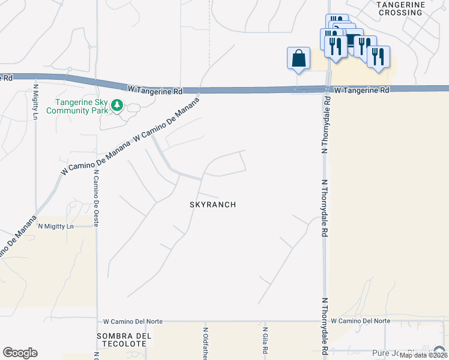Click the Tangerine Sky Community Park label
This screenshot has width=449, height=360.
pos(83,106)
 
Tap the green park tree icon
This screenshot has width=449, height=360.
pos(117,106)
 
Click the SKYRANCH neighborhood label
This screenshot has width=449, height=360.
pos(212,205)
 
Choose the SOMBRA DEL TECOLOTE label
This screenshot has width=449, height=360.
pos(122,339)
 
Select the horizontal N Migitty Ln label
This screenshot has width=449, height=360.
pos(55,226)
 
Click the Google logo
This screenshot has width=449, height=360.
pos(20,353)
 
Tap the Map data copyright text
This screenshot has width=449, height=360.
pos(423,355)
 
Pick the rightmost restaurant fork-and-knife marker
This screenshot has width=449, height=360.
pos(378,57)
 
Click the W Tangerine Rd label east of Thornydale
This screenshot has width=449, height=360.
pos(361,90)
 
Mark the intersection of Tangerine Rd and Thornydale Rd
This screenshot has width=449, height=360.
pos(328,89)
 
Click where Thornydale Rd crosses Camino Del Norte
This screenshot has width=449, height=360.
pos(325,322)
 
